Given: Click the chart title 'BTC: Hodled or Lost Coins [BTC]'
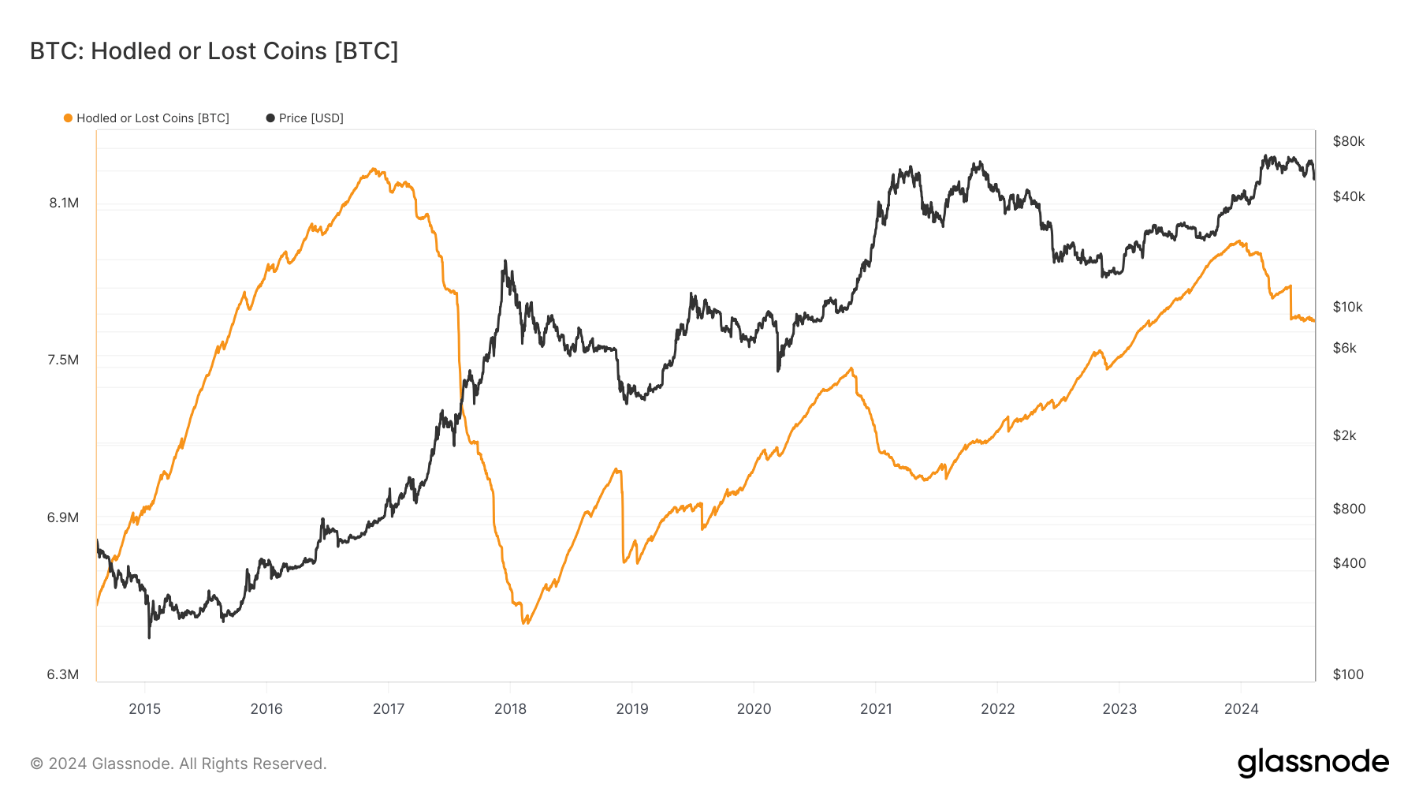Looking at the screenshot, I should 214,51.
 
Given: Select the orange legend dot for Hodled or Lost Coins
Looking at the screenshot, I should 68,118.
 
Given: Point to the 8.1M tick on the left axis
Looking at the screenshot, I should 64,203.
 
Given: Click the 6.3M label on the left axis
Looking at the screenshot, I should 63,674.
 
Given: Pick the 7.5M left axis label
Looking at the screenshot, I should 63,360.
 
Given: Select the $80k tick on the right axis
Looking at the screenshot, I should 1348,141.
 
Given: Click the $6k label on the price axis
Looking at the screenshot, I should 1344,348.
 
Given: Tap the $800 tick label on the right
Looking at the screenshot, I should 1349,509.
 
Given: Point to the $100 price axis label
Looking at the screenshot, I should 1348,674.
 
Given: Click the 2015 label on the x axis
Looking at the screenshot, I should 144,708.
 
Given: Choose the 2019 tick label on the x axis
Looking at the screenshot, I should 632,708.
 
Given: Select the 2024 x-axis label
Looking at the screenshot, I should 1241,708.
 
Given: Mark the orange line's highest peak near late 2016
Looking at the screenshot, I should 374,169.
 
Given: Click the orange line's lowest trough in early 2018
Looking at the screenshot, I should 525,623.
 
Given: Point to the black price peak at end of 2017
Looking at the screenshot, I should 505,261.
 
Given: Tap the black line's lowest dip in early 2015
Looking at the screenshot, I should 149,637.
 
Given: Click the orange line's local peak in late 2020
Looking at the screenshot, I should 851,368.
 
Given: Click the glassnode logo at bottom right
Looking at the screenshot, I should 1313,763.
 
